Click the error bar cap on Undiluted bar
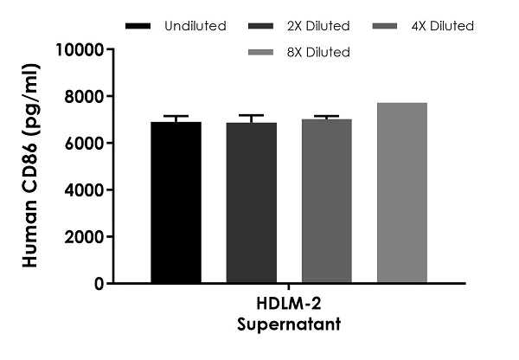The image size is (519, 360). pyautogui.click(x=176, y=117)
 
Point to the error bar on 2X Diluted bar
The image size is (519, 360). pyautogui.click(x=252, y=116)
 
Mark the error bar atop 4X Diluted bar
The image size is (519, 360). pyautogui.click(x=327, y=116)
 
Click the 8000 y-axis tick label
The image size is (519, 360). pyautogui.click(x=85, y=96)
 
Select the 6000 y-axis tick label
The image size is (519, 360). pyautogui.click(x=85, y=143)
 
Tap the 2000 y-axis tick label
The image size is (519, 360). pyautogui.click(x=85, y=236)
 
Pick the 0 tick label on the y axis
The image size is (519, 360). pyautogui.click(x=99, y=283)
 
